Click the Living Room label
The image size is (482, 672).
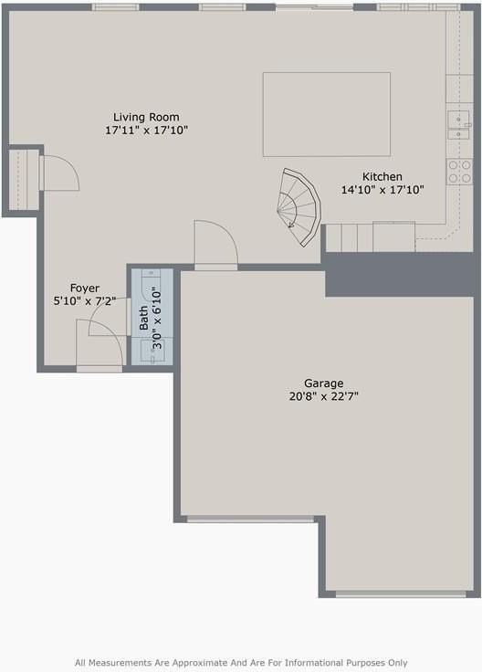[x=146, y=117]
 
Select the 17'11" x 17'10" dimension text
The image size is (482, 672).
[x=146, y=131]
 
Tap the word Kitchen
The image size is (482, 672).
[x=382, y=177]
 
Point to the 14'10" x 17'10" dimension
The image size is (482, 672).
[x=382, y=191]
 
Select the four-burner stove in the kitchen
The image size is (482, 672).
[x=458, y=171]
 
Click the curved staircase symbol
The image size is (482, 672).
[x=298, y=202]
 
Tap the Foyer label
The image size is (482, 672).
[x=85, y=289]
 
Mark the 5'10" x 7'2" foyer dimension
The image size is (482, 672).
[x=85, y=300]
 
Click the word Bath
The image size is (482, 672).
[x=143, y=318]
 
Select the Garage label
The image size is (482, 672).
[x=324, y=383]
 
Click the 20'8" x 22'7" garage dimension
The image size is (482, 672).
[x=324, y=396]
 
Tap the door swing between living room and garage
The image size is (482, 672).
[x=215, y=246]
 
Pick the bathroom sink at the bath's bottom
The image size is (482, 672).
[x=152, y=352]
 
